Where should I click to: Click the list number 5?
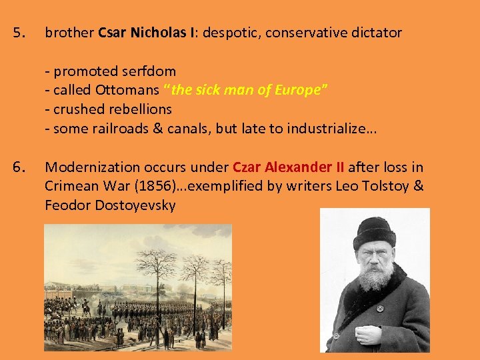pyautogui.click(x=20, y=32)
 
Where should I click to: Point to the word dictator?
pyautogui.click(x=376, y=33)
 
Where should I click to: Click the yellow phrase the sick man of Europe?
pyautogui.click(x=247, y=90)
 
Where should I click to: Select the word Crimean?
pyautogui.click(x=70, y=186)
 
